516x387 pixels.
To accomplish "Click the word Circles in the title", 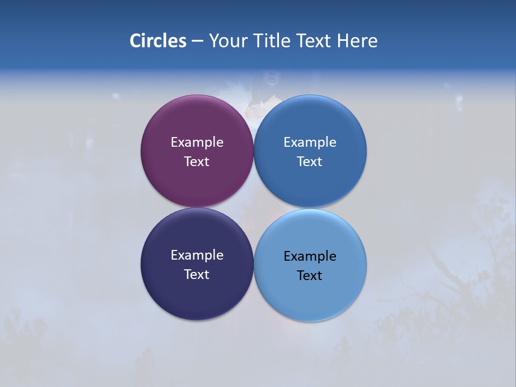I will pyautogui.click(x=157, y=41).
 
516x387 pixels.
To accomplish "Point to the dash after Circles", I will pyautogui.click(x=197, y=41).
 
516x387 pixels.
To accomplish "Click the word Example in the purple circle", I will pyautogui.click(x=197, y=142).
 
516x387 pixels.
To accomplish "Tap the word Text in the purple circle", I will pyautogui.click(x=197, y=162).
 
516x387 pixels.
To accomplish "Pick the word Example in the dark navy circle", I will pyautogui.click(x=197, y=255).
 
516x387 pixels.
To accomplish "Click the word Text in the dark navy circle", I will pyautogui.click(x=197, y=275).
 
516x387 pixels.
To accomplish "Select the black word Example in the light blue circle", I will pyautogui.click(x=310, y=256).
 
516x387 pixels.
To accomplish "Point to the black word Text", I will pyautogui.click(x=310, y=276).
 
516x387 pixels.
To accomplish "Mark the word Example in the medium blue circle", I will pyautogui.click(x=310, y=142).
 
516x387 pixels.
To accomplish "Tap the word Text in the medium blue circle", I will pyautogui.click(x=310, y=162).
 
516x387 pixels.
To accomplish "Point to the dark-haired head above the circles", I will pyautogui.click(x=269, y=79).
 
